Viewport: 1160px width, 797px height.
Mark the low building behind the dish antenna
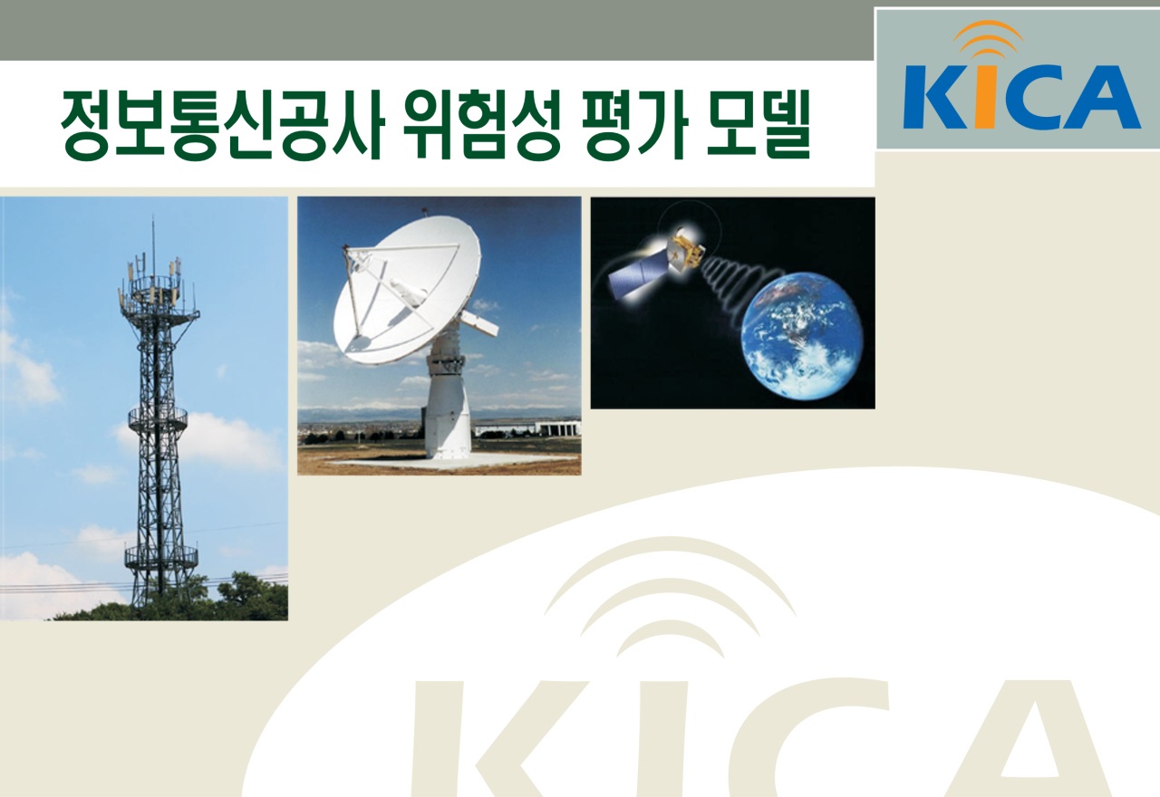pos(527,428)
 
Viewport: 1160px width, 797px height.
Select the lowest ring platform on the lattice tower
pos(161,554)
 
